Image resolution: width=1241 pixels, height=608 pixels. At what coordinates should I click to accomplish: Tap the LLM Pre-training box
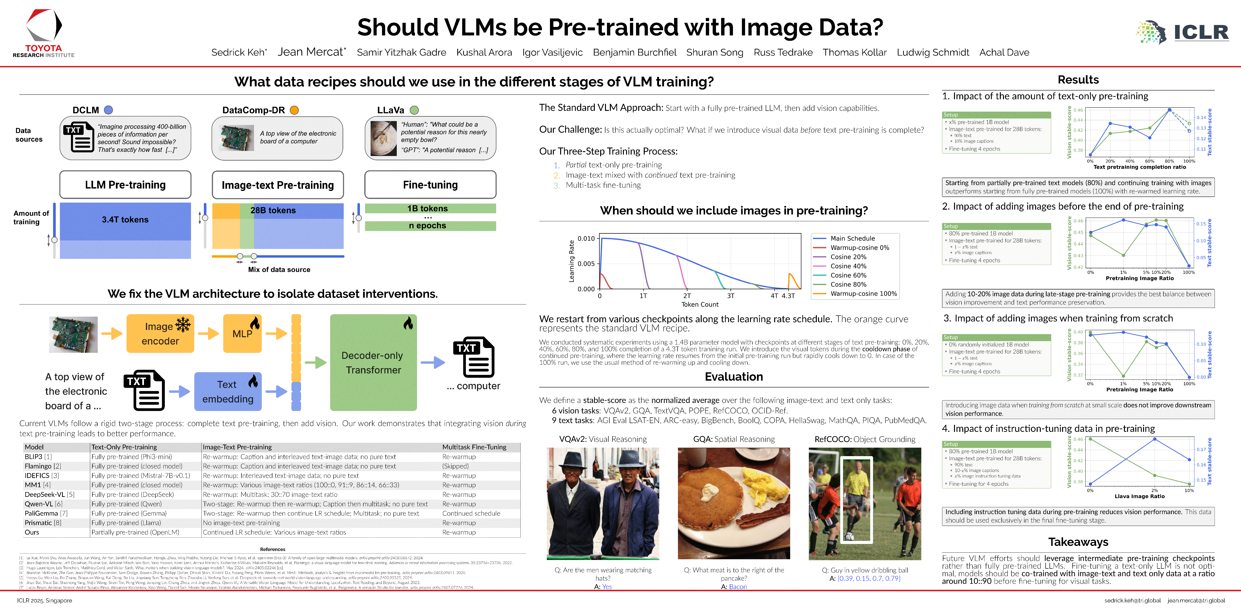[x=125, y=185]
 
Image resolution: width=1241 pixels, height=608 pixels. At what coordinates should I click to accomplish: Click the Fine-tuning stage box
[x=430, y=185]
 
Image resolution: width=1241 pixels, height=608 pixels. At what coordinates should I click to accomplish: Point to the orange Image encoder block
[x=160, y=334]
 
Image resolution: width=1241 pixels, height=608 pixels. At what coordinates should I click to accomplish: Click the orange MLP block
[x=242, y=334]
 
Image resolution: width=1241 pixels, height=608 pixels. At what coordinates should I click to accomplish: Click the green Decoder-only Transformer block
[x=373, y=362]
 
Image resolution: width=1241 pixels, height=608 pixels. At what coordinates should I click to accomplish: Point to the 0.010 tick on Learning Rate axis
[x=586, y=238]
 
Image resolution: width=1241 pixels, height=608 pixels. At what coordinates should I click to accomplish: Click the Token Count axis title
[x=700, y=304]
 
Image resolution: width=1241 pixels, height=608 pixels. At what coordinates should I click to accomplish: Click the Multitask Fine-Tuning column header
[x=474, y=447]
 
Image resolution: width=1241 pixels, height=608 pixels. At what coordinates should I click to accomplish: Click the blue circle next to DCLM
[x=108, y=110]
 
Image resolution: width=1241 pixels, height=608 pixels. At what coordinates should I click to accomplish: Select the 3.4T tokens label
[x=125, y=219]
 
